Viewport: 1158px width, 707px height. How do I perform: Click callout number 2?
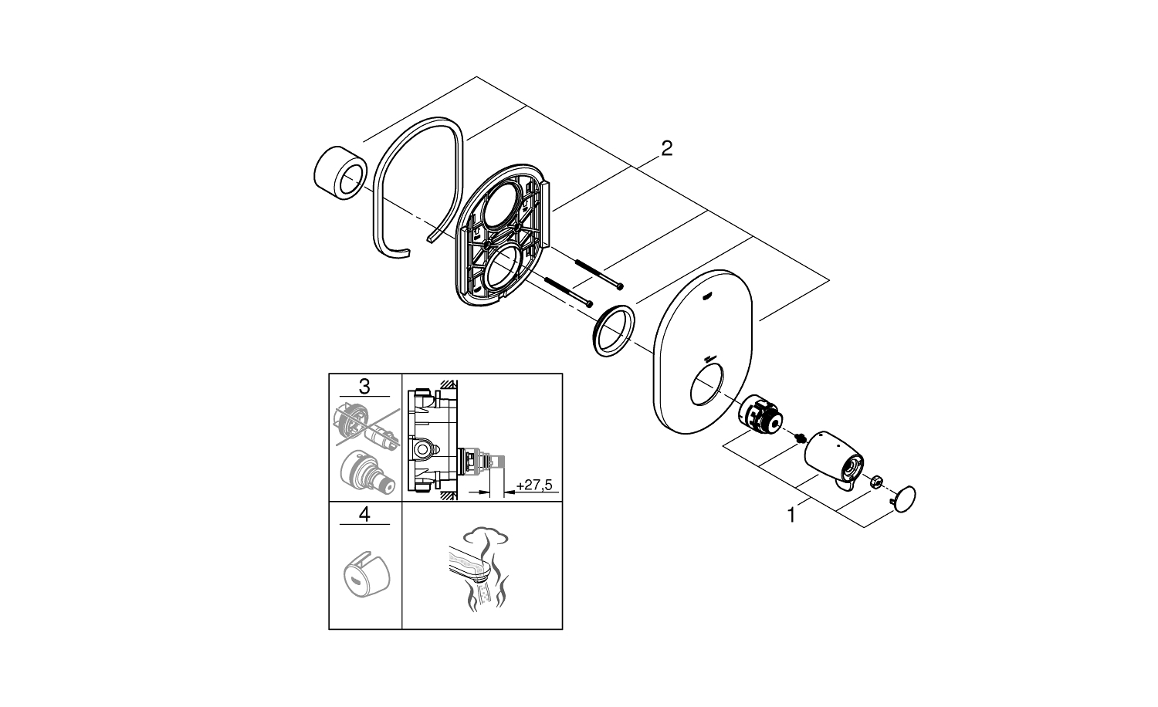point(666,148)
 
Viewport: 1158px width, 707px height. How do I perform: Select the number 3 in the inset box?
point(364,386)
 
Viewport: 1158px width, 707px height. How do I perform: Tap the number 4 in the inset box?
point(364,514)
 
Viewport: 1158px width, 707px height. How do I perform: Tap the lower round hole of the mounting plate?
point(506,271)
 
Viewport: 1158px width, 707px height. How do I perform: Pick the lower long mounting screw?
point(567,292)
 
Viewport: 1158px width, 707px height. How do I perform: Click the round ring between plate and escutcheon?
point(612,331)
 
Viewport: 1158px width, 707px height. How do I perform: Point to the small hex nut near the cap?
point(876,482)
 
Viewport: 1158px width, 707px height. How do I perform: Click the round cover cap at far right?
point(905,497)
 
